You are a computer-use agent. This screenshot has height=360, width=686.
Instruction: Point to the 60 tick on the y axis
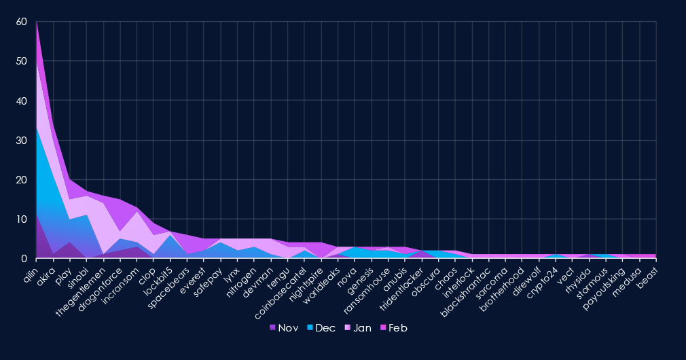point(22,22)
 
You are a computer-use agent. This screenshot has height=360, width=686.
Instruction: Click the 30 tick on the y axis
point(22,141)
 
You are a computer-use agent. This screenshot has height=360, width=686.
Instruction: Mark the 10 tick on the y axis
point(22,219)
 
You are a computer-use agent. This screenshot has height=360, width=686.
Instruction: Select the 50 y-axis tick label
point(22,62)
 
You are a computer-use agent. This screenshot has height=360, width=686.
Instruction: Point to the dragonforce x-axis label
point(101,285)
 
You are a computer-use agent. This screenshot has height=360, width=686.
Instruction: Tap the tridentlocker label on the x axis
point(403,285)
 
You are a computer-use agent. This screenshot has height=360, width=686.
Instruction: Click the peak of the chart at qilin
point(37,22)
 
